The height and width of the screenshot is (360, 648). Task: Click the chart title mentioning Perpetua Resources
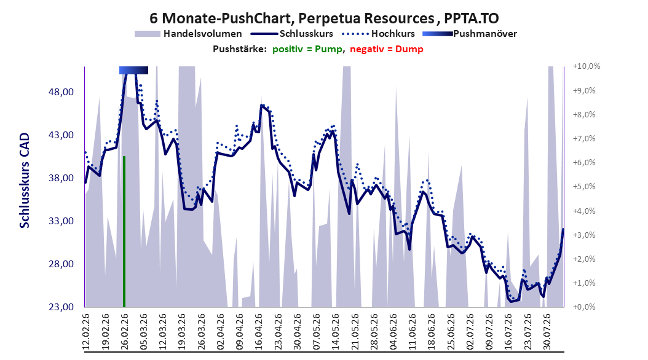pos(324,18)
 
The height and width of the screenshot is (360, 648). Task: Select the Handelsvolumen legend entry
pos(189,34)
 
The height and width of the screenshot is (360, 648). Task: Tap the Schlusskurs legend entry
pos(292,34)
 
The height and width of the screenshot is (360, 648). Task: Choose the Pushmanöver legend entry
pos(470,34)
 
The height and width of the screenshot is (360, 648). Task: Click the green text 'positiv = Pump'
pos(307,49)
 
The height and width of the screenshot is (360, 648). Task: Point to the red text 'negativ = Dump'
pos(387,49)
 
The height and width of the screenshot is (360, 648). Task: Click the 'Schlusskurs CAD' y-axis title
pos(25,181)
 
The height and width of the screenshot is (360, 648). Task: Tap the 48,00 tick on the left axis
pos(61,92)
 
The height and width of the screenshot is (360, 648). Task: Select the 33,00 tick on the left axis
pos(61,221)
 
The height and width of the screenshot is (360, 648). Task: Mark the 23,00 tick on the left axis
pos(61,307)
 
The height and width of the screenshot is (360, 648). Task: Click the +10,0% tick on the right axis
pos(587,66)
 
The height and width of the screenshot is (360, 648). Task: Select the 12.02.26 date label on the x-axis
pos(86,332)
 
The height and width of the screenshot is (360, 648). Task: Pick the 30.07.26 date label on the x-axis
pos(547,332)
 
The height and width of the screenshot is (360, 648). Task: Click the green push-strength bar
pos(124,232)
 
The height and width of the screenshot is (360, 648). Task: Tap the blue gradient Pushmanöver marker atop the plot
pos(133,70)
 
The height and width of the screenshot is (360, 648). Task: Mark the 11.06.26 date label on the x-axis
pos(413,332)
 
